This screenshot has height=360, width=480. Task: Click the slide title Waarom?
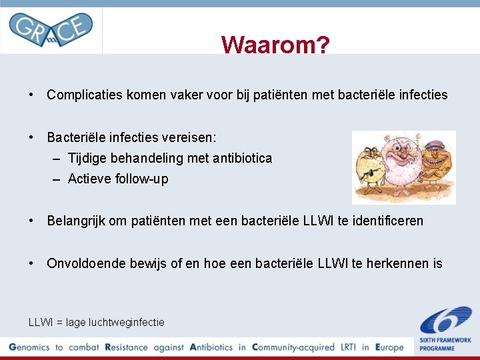tap(275, 45)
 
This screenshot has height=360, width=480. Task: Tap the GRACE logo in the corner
tap(51, 29)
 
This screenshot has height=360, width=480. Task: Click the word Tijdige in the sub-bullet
tap(89, 158)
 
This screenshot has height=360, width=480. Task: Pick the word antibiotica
tap(240, 158)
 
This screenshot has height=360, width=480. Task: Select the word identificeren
tap(387, 221)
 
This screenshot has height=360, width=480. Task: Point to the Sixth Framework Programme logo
tap(445, 327)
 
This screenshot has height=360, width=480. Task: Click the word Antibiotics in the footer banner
tap(212, 347)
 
